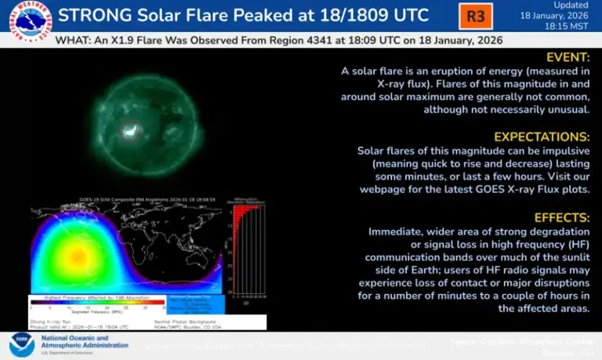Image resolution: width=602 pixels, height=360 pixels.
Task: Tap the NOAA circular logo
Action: click(x=21, y=344)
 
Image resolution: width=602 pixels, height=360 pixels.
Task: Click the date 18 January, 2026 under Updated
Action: click(x=559, y=16)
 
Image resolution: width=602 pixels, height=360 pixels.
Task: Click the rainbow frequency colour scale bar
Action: click(x=98, y=301)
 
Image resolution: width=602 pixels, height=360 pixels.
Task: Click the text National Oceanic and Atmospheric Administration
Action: click(x=74, y=344)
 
